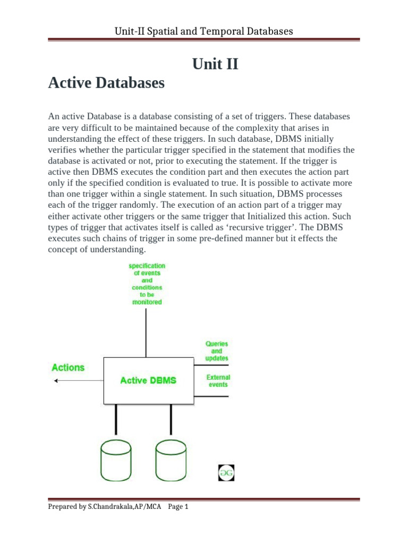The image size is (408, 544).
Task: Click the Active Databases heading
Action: click(x=106, y=83)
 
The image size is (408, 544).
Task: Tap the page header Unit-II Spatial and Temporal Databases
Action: click(x=204, y=31)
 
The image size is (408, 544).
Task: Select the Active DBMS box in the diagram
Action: click(x=148, y=380)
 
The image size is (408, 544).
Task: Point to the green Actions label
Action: click(x=68, y=367)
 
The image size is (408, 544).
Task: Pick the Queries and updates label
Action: click(x=217, y=351)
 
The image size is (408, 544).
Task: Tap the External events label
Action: click(x=218, y=381)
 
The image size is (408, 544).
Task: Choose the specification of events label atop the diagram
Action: click(x=147, y=284)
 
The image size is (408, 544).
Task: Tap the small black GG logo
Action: click(x=226, y=472)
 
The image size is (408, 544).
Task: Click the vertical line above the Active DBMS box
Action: click(x=147, y=332)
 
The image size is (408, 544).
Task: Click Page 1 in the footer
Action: click(x=178, y=507)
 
